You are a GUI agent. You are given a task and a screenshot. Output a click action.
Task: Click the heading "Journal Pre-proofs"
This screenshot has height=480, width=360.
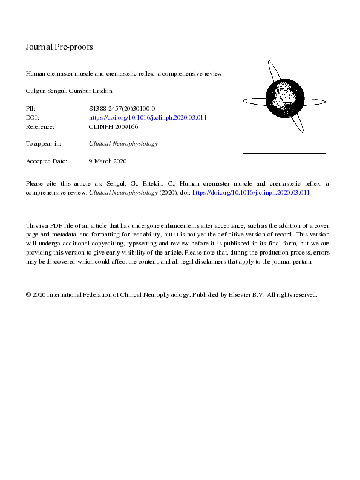(x=59, y=47)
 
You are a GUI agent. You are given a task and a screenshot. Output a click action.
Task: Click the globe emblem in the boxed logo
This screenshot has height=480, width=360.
(x=284, y=97)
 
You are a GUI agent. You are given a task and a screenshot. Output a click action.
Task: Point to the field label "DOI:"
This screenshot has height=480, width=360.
(x=33, y=118)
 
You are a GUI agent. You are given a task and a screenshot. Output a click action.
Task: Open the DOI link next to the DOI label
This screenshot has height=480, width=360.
(x=148, y=118)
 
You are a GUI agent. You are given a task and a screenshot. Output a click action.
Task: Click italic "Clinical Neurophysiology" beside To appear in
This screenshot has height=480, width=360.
(x=123, y=144)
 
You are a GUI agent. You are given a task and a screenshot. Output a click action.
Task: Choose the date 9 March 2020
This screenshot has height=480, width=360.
(x=108, y=161)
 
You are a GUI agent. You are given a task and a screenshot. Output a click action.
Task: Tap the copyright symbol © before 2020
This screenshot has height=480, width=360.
(x=28, y=295)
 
